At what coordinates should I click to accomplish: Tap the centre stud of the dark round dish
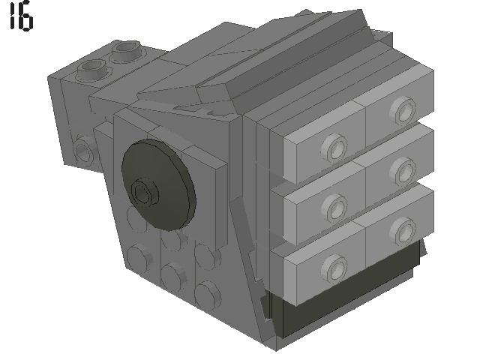pyautogui.click(x=142, y=193)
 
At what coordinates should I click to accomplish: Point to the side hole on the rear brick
pyautogui.click(x=82, y=151)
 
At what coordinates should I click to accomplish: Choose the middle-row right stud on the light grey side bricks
pyautogui.click(x=404, y=169)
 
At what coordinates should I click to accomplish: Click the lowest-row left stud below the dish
pyautogui.click(x=139, y=259)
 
